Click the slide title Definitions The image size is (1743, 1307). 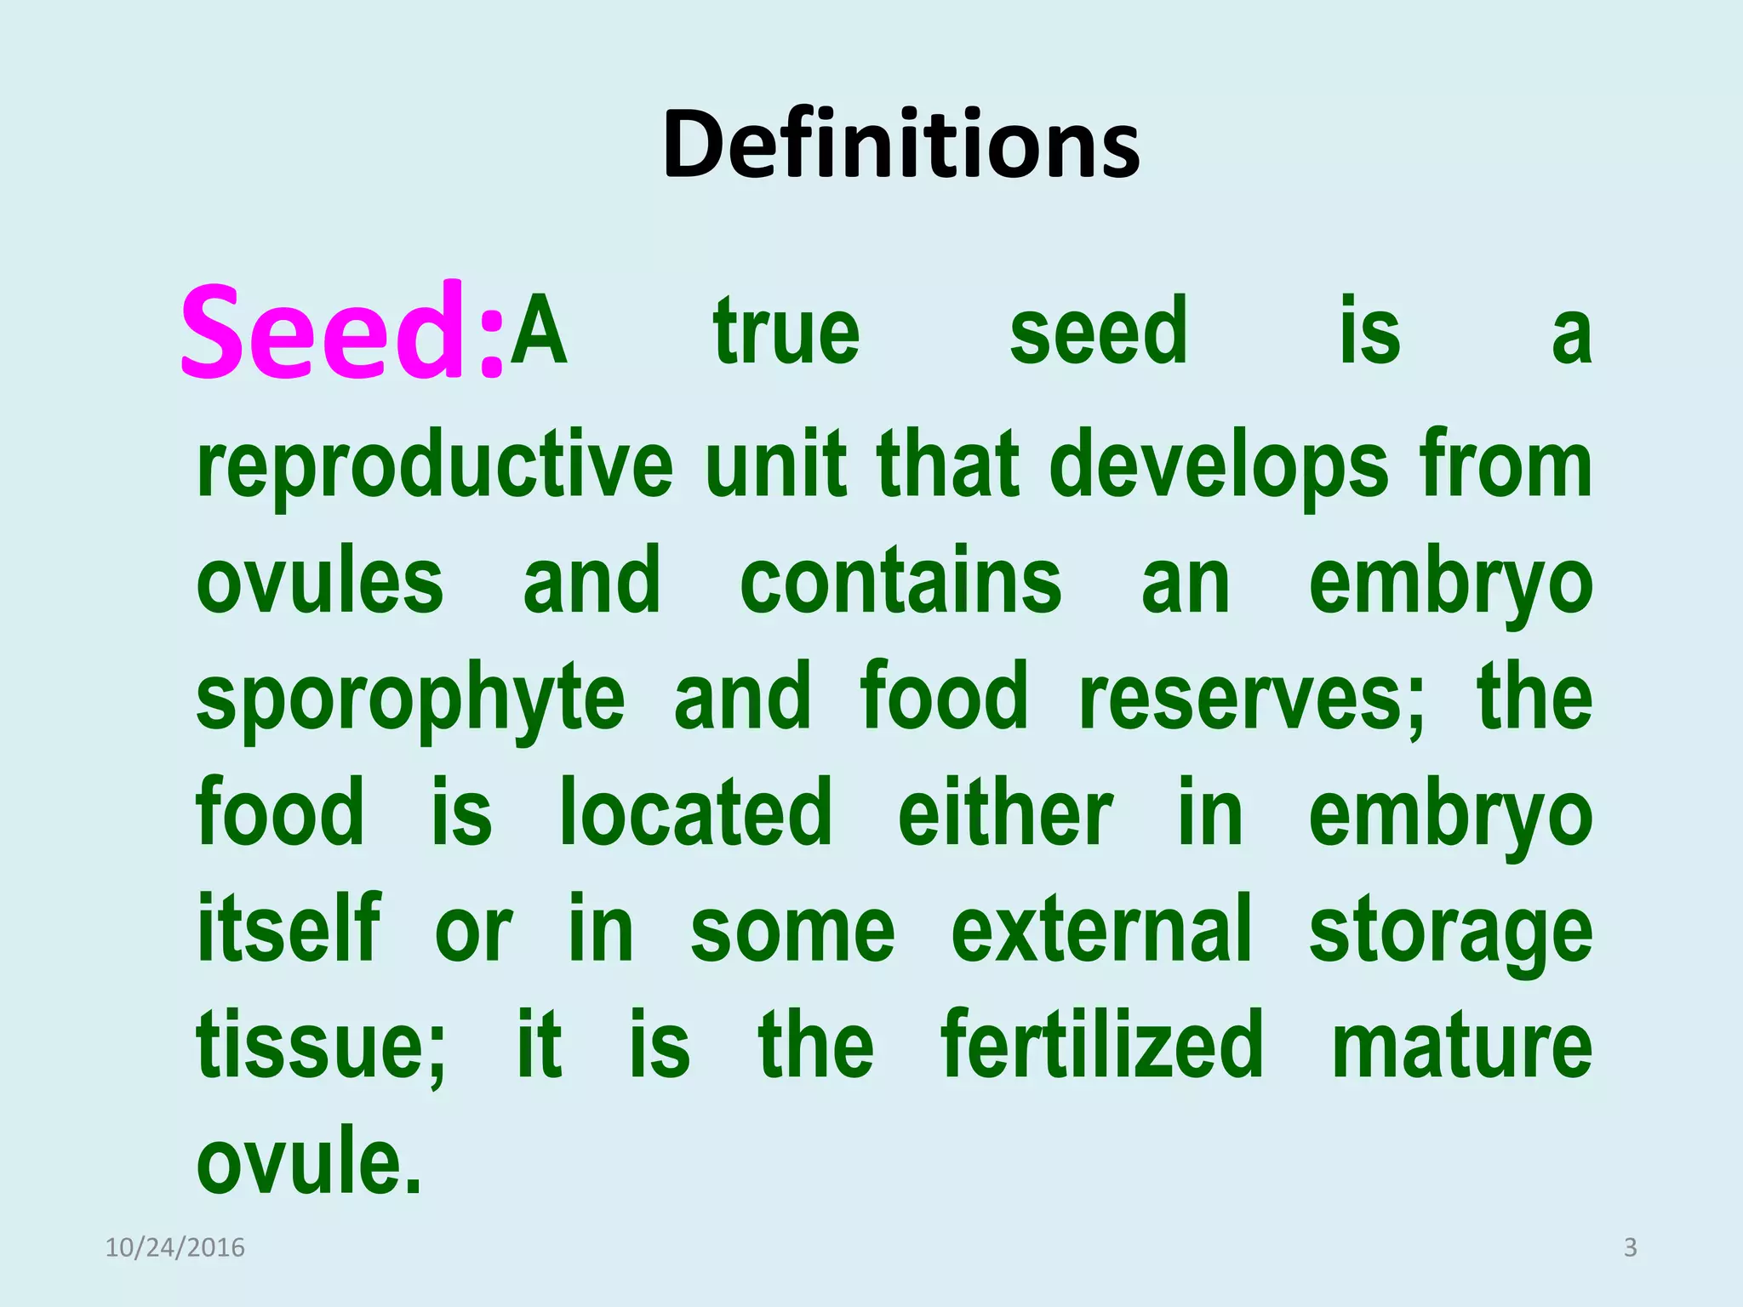901,145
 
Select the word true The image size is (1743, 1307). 786,332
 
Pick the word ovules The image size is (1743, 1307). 320,583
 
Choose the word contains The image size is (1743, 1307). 900,583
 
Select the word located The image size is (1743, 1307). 695,814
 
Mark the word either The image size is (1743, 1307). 1005,814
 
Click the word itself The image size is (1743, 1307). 289,929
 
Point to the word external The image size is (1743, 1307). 1101,929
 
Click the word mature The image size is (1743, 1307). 1461,1047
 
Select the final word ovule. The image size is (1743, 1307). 309,1162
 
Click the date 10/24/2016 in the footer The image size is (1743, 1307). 174,1247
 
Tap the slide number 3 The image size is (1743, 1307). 1630,1247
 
